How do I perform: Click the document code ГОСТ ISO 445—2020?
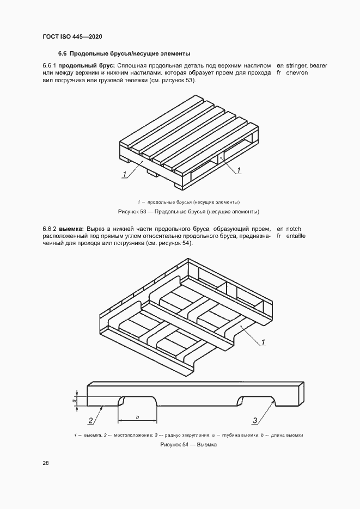click(72, 36)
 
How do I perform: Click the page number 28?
click(45, 463)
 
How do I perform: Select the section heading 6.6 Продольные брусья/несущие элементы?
click(124, 54)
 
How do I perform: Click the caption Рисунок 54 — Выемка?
click(188, 445)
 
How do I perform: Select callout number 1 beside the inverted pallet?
click(263, 342)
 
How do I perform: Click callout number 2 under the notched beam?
click(91, 420)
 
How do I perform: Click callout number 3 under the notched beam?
click(254, 420)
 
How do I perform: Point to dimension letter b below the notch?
click(138, 417)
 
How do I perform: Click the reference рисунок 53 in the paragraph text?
click(177, 81)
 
